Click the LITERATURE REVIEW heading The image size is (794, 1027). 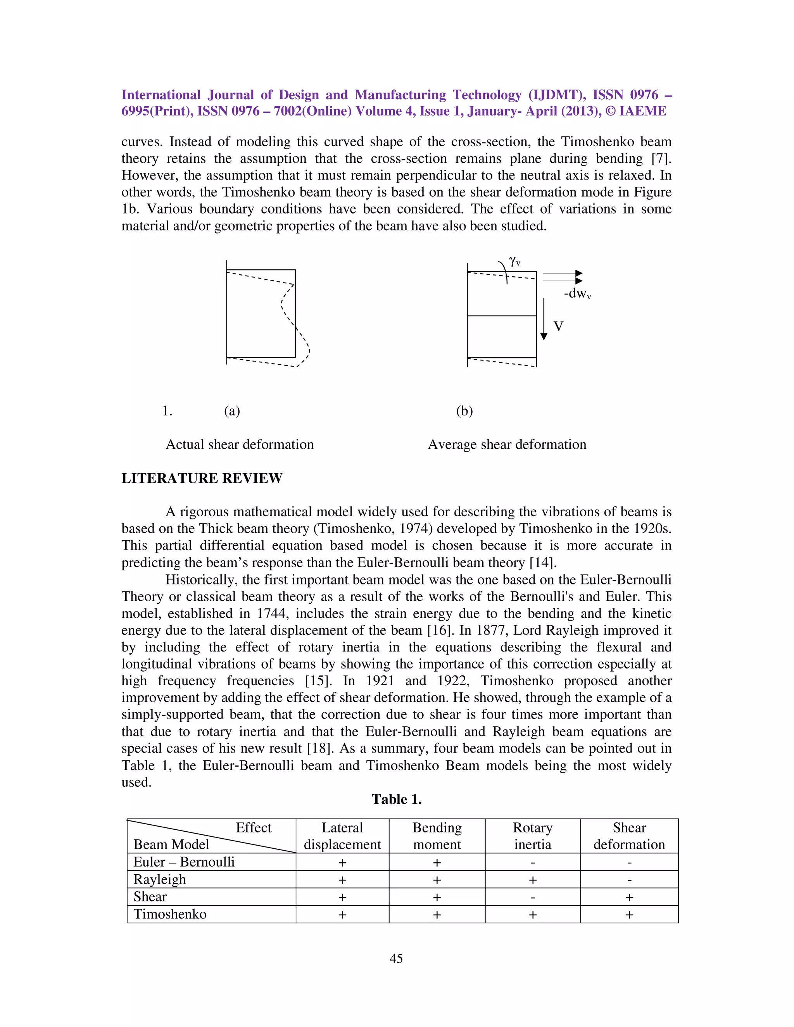[202, 478]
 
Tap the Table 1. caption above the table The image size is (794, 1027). [396, 799]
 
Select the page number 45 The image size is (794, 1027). [396, 958]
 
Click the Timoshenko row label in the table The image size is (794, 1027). [170, 914]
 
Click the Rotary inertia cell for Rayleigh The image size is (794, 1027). [532, 880]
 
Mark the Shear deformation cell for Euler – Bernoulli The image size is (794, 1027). [629, 862]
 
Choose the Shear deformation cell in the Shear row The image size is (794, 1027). [629, 897]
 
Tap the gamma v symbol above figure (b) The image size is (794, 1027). [514, 262]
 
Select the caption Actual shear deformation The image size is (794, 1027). [240, 445]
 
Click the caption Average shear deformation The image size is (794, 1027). [507, 445]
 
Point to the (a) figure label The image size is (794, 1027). [232, 411]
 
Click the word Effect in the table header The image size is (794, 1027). [253, 828]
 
